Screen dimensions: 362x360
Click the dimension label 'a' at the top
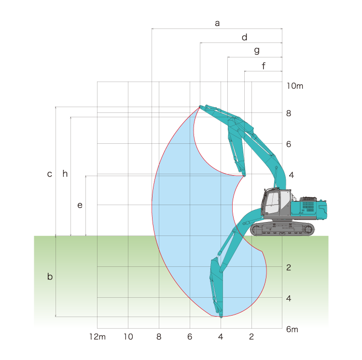coord(217,23)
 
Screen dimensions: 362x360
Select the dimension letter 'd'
coord(245,37)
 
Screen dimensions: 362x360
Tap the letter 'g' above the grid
coord(257,51)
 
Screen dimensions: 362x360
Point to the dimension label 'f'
coord(264,66)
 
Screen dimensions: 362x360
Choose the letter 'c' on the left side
coord(49,174)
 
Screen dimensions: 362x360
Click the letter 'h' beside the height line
coord(65,173)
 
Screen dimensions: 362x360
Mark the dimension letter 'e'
coord(80,205)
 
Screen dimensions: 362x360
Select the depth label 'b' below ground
coord(50,276)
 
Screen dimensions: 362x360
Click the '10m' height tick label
coord(294,86)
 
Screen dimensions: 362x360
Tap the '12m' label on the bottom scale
coord(97,337)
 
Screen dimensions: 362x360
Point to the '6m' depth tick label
coord(292,329)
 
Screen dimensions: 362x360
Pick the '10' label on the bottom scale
coord(128,337)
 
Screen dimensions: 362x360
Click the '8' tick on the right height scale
coord(289,113)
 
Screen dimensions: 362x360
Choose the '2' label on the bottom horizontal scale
coord(251,337)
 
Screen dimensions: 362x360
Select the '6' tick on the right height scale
coord(289,144)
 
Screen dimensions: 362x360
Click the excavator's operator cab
coord(276,202)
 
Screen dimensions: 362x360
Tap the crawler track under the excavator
coord(282,229)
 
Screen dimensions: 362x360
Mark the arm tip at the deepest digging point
coord(221,317)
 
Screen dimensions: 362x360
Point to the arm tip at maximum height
coord(200,107)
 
